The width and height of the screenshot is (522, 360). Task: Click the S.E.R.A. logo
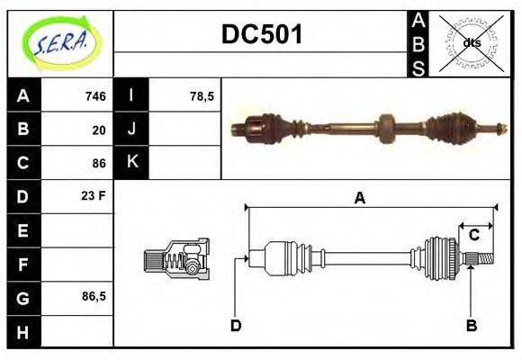(x=60, y=42)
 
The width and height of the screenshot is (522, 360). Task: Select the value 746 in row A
(x=94, y=96)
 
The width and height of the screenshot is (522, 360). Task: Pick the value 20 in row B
(x=98, y=130)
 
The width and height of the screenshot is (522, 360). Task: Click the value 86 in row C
(x=98, y=163)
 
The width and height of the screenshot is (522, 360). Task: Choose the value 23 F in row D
(x=94, y=195)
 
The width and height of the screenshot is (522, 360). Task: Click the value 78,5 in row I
(x=202, y=96)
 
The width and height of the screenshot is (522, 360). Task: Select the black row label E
(x=22, y=230)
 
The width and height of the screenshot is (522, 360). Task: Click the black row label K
(x=132, y=163)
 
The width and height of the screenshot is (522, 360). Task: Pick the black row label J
(x=132, y=130)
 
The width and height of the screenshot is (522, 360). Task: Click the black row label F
(x=22, y=264)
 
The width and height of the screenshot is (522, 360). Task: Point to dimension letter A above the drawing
(x=359, y=198)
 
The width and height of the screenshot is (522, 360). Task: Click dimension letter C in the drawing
(x=473, y=236)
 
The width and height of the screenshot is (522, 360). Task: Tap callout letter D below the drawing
(x=235, y=325)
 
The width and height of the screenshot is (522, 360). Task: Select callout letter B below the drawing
(x=471, y=325)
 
